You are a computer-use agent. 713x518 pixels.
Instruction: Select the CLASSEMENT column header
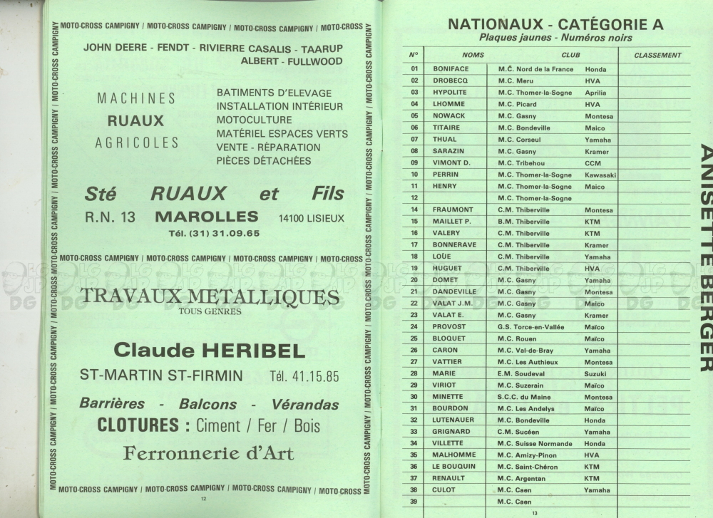[x=657, y=55]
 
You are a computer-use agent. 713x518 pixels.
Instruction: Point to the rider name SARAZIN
[x=447, y=151]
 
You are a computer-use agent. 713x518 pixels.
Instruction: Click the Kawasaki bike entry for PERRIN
[x=600, y=175]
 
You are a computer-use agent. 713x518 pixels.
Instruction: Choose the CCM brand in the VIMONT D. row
[x=593, y=163]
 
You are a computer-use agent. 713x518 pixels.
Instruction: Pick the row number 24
[x=414, y=326]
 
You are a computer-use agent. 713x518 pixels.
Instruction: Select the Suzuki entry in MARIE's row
[x=595, y=373]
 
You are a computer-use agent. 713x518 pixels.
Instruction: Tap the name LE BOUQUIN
[x=453, y=467]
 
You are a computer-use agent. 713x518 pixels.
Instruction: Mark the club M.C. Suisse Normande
[x=535, y=443]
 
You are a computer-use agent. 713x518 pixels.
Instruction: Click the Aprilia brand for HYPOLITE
[x=595, y=93]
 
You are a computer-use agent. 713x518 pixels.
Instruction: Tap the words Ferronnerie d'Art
[x=208, y=453]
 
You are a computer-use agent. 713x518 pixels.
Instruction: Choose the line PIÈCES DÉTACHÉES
[x=264, y=161]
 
